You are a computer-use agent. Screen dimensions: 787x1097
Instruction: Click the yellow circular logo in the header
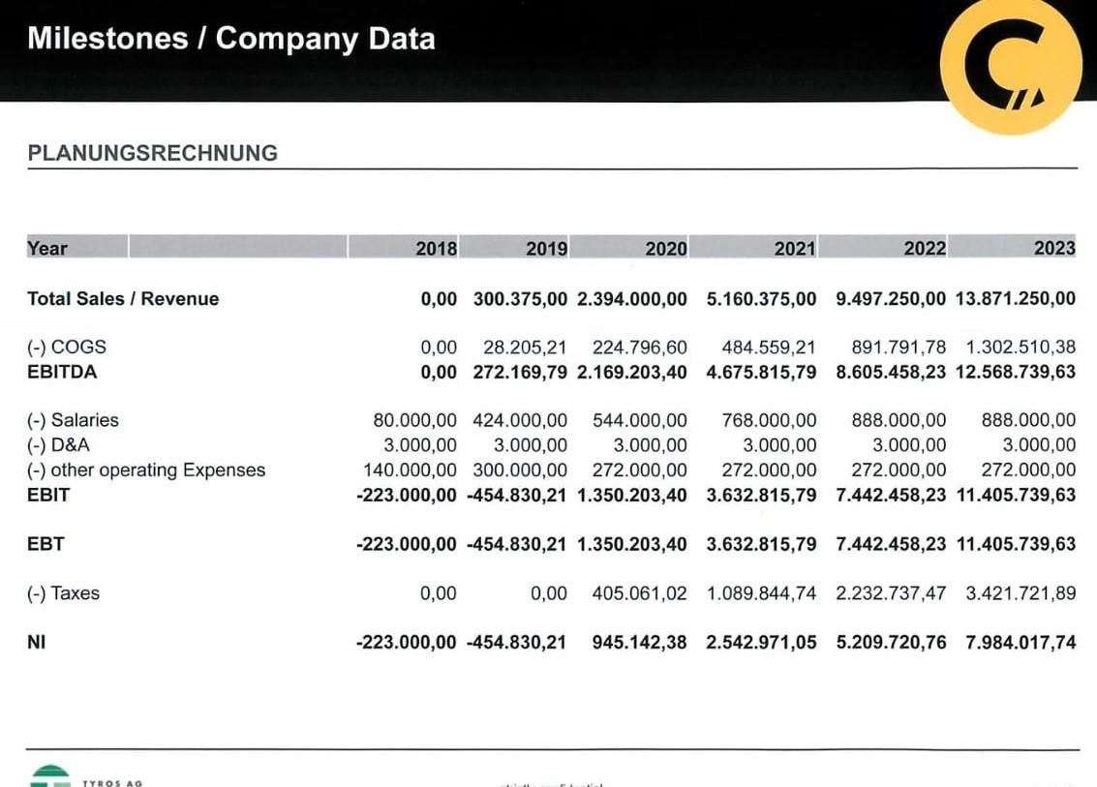click(1011, 66)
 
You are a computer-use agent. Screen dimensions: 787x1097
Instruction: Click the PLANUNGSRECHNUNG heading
click(152, 153)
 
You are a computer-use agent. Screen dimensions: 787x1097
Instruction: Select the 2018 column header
click(437, 249)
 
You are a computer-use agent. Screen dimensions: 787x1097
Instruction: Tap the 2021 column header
click(795, 249)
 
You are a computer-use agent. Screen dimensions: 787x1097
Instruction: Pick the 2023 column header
click(1054, 249)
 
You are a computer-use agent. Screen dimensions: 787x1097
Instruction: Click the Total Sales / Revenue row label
click(123, 299)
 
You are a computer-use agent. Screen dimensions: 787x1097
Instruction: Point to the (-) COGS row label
click(67, 347)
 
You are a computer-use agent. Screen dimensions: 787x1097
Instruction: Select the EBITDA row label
click(62, 372)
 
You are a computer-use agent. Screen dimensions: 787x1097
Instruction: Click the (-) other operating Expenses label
click(146, 470)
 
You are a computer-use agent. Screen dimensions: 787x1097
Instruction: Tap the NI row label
click(37, 642)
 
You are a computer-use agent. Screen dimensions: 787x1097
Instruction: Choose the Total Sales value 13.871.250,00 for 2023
click(1015, 299)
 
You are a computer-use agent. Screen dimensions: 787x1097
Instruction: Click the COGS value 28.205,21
click(525, 347)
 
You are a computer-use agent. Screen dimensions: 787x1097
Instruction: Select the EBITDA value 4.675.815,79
click(761, 372)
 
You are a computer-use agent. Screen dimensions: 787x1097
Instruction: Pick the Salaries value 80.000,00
click(414, 420)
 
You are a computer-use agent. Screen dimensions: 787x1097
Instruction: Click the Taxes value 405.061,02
click(639, 593)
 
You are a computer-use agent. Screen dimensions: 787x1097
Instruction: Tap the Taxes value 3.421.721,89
click(1021, 593)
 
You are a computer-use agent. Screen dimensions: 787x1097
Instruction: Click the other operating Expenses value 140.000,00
click(410, 470)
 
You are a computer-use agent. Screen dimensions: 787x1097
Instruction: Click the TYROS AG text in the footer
click(113, 782)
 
